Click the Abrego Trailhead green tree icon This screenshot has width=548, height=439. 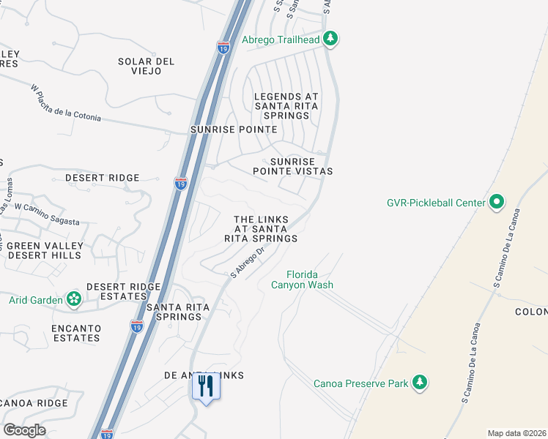[x=330, y=38]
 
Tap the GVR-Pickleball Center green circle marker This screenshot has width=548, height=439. [x=497, y=202]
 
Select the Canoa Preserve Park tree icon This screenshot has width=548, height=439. [x=419, y=383]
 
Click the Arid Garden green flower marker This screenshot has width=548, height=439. [x=73, y=299]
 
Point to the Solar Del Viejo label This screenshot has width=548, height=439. [x=147, y=66]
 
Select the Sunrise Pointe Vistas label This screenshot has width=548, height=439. [x=293, y=166]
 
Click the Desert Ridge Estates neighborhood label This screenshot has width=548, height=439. [x=116, y=291]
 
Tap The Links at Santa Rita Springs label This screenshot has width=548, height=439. [x=265, y=229]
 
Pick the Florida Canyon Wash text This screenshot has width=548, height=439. [x=302, y=279]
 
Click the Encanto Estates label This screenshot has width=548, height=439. [x=56, y=333]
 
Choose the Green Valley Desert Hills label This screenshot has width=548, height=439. [x=45, y=250]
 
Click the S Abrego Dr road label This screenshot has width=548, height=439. [x=247, y=262]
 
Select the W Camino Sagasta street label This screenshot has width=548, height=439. [x=47, y=215]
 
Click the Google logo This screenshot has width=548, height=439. [x=24, y=430]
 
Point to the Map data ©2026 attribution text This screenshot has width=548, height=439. [x=517, y=433]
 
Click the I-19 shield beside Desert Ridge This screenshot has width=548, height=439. [x=181, y=184]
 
